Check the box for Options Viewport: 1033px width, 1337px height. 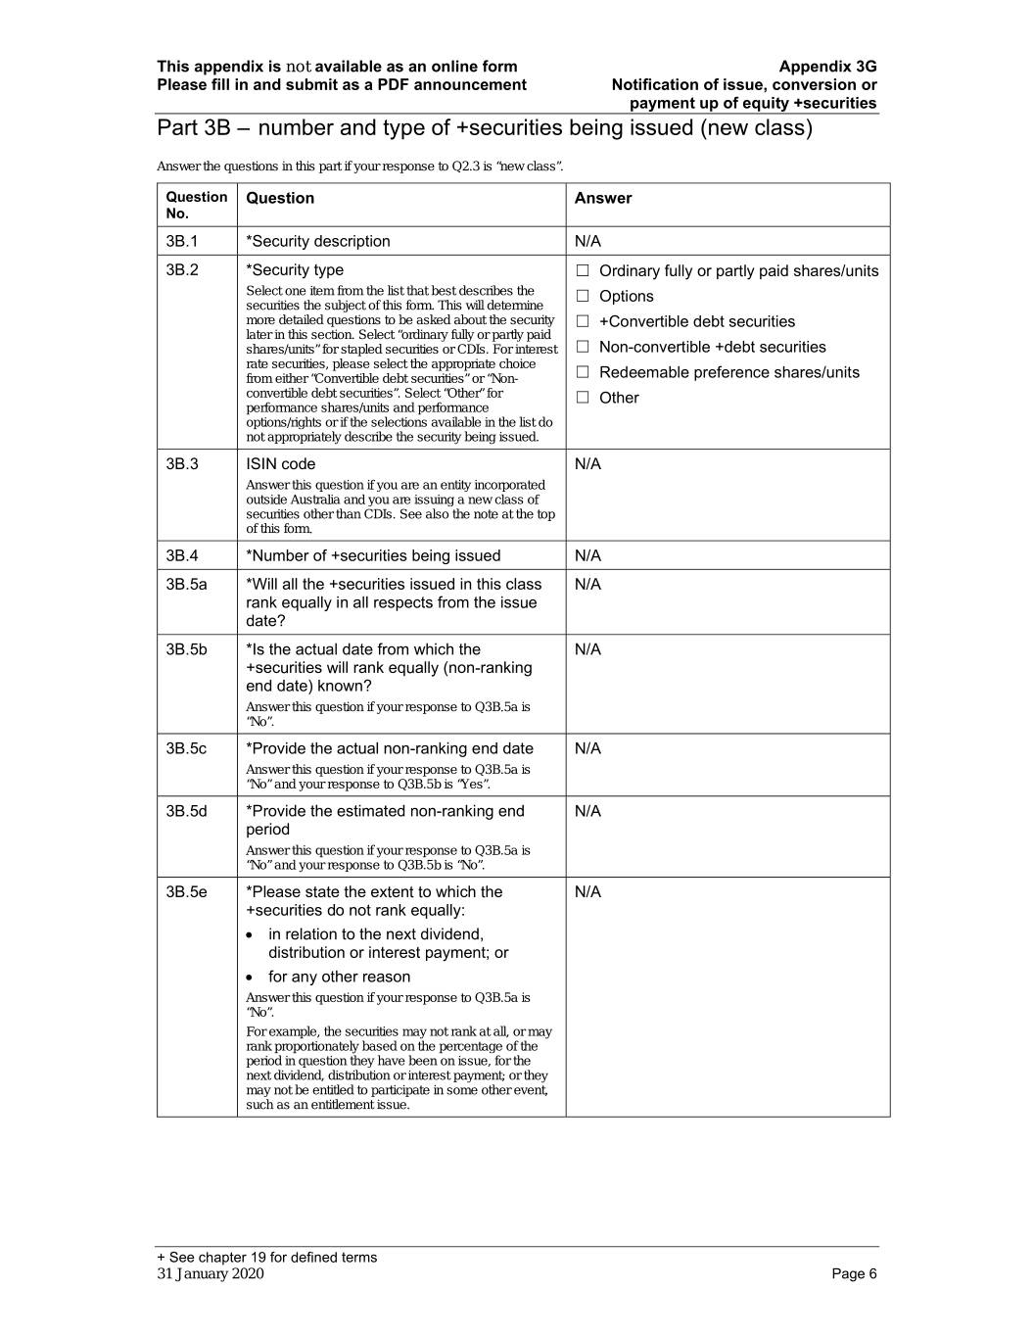pyautogui.click(x=583, y=296)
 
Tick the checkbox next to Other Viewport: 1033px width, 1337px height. pyautogui.click(x=583, y=398)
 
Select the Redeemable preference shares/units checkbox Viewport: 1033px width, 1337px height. pyautogui.click(x=583, y=372)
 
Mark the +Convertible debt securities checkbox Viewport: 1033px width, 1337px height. pyautogui.click(x=583, y=321)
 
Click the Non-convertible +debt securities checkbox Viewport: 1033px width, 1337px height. pyautogui.click(x=583, y=347)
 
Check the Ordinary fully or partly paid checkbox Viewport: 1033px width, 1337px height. pyautogui.click(x=583, y=270)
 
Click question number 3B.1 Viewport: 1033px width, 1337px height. pyautogui.click(x=182, y=241)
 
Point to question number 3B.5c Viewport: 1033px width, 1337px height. pyautogui.click(x=186, y=748)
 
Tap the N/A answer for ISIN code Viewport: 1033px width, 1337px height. pyautogui.click(x=587, y=464)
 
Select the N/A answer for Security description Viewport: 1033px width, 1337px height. pyautogui.click(x=587, y=241)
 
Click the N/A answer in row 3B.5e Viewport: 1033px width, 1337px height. pyautogui.click(x=587, y=891)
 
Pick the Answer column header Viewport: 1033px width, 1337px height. pyautogui.click(x=603, y=198)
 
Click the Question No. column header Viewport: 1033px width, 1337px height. pyautogui.click(x=196, y=205)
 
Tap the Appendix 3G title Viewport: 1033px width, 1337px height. pyautogui.click(x=827, y=67)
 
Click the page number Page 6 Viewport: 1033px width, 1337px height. pyautogui.click(x=854, y=1273)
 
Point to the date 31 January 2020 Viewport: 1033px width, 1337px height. pyautogui.click(x=211, y=1273)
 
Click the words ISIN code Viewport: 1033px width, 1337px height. pyautogui.click(x=280, y=464)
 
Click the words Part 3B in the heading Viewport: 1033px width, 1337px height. pyautogui.click(x=193, y=128)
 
